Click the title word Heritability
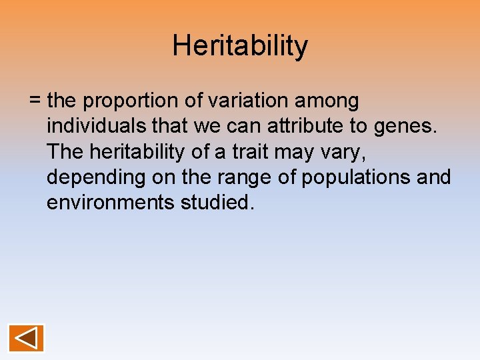tap(240, 46)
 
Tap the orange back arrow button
tap(26, 338)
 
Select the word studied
tap(217, 203)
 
